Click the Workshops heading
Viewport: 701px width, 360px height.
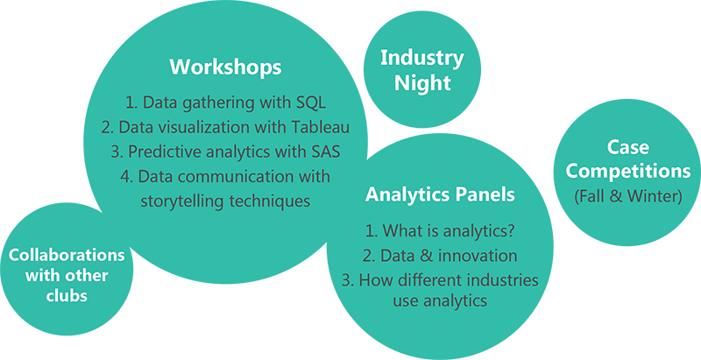[226, 67]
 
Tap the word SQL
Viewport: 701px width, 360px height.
[311, 102]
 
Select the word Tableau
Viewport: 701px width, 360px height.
[321, 127]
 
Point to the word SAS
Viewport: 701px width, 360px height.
[325, 152]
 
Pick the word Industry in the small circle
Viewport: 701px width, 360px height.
[422, 59]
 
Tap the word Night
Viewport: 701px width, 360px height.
[422, 83]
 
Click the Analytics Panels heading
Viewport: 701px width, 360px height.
[440, 195]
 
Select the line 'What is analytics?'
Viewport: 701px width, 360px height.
[440, 230]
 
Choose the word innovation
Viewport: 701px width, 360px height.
[478, 256]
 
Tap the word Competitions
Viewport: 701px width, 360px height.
[627, 172]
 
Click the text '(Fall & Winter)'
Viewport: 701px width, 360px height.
[627, 196]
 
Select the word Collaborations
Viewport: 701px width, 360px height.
[67, 255]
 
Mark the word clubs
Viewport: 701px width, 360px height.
[67, 295]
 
